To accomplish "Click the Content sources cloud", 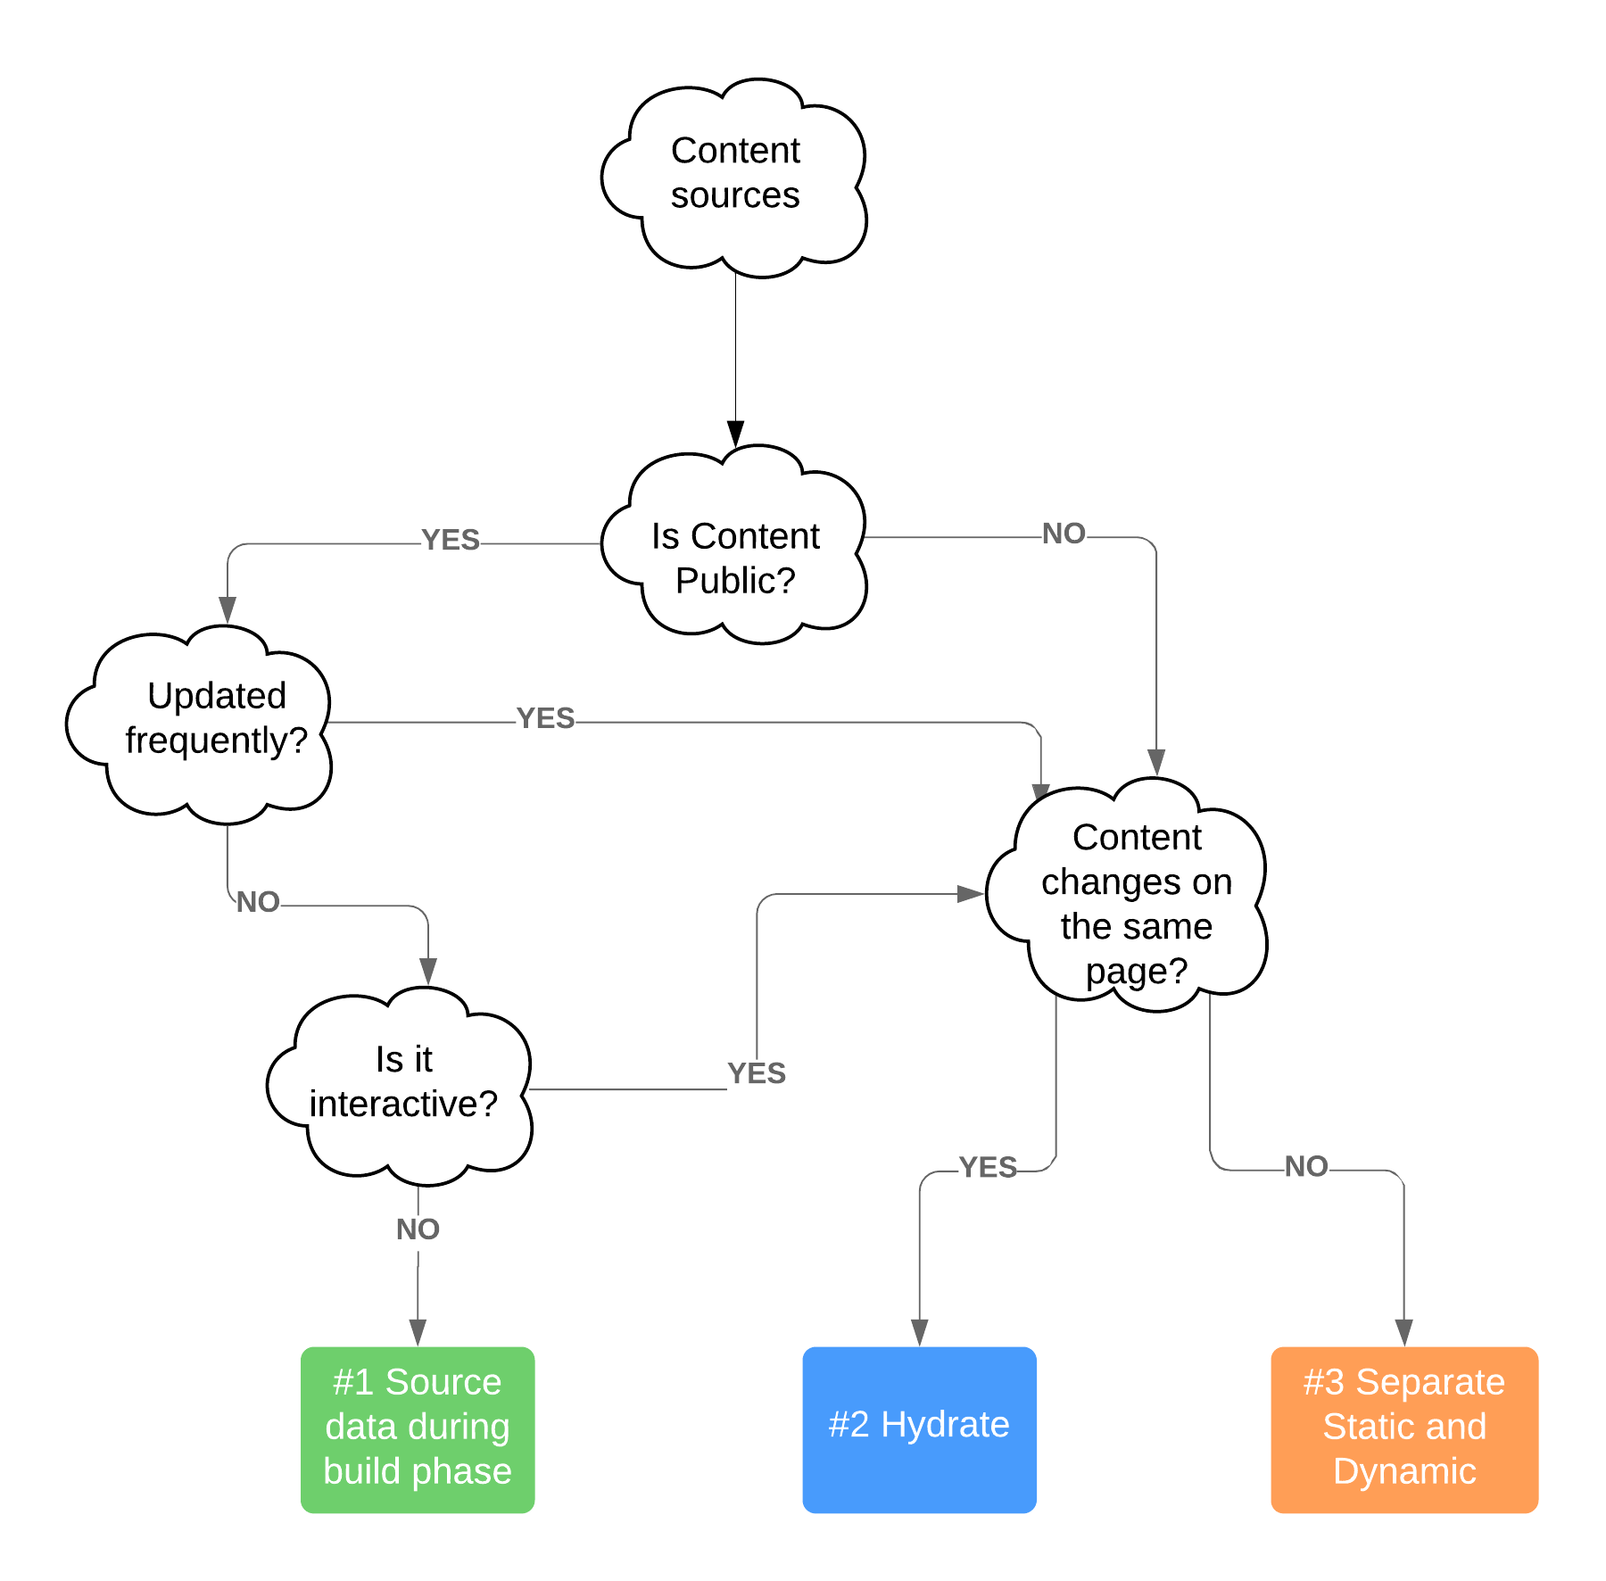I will click(735, 174).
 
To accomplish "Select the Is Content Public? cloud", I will click(735, 558).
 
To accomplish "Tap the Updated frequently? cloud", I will click(216, 718).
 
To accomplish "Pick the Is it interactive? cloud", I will click(403, 1082).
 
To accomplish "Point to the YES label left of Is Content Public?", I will click(451, 541).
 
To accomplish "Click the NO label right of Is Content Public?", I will click(1064, 534).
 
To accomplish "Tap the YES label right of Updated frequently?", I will click(546, 718).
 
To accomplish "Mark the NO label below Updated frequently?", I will click(259, 902).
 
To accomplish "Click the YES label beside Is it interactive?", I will click(757, 1073).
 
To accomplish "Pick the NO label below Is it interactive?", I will click(418, 1229).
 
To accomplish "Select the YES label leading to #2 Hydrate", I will click(989, 1167).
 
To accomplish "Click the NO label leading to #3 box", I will click(1307, 1167).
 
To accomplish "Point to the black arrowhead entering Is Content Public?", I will click(735, 434).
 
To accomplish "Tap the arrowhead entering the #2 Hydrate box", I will click(920, 1332).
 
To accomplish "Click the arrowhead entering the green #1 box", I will click(418, 1332).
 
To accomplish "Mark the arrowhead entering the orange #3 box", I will click(1403, 1332).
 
